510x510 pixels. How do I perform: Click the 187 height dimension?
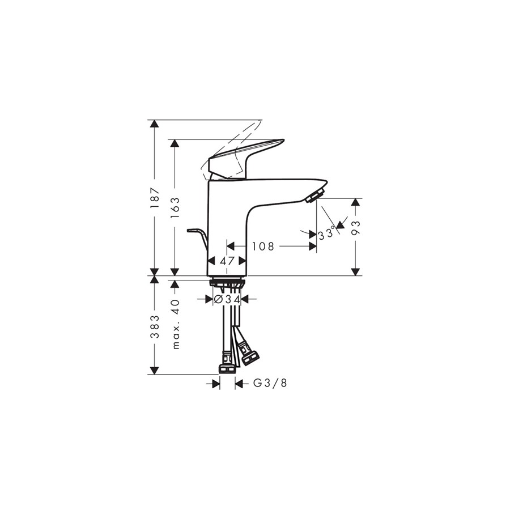[x=155, y=198]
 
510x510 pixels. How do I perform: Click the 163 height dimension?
[x=175, y=208]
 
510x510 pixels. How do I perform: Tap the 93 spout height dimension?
[x=356, y=228]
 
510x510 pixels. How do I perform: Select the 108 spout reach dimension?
[x=263, y=246]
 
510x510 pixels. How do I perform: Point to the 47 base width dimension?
[x=227, y=261]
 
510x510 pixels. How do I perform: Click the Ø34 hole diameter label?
[x=227, y=299]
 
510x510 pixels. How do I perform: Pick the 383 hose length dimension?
[x=155, y=326]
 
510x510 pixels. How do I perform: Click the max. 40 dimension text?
[x=175, y=324]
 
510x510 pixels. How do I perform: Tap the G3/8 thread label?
[x=270, y=384]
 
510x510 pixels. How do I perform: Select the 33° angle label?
[x=326, y=233]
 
